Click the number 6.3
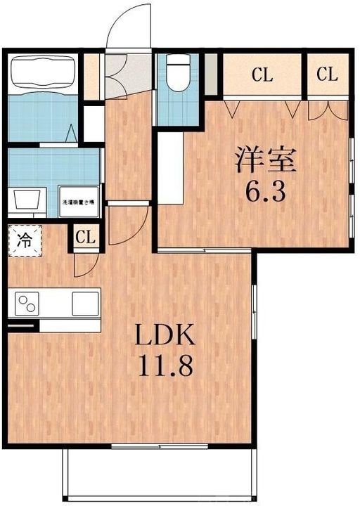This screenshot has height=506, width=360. pos(264,191)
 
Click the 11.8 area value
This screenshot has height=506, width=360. pos(166,368)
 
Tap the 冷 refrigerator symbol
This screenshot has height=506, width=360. pos(24,240)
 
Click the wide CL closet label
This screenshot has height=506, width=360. pos(262,75)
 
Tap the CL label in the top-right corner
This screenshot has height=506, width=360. pos(327,75)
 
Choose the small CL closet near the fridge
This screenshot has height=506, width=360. pos(85,238)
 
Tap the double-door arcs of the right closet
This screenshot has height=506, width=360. pos(328,109)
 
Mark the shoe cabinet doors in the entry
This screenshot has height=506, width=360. pos(116,74)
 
